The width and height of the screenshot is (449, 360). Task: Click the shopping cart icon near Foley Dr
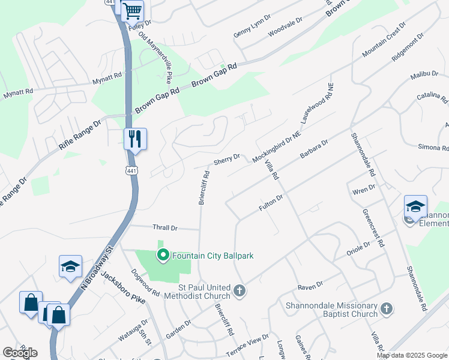point(132,10)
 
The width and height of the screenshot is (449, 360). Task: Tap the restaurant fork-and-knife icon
point(135,139)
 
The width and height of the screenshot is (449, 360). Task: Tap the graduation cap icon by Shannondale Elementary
point(415,206)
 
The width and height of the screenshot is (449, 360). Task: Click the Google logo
point(20,353)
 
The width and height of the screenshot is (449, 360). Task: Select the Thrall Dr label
point(166,228)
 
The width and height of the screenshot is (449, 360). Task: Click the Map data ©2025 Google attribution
point(412,355)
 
